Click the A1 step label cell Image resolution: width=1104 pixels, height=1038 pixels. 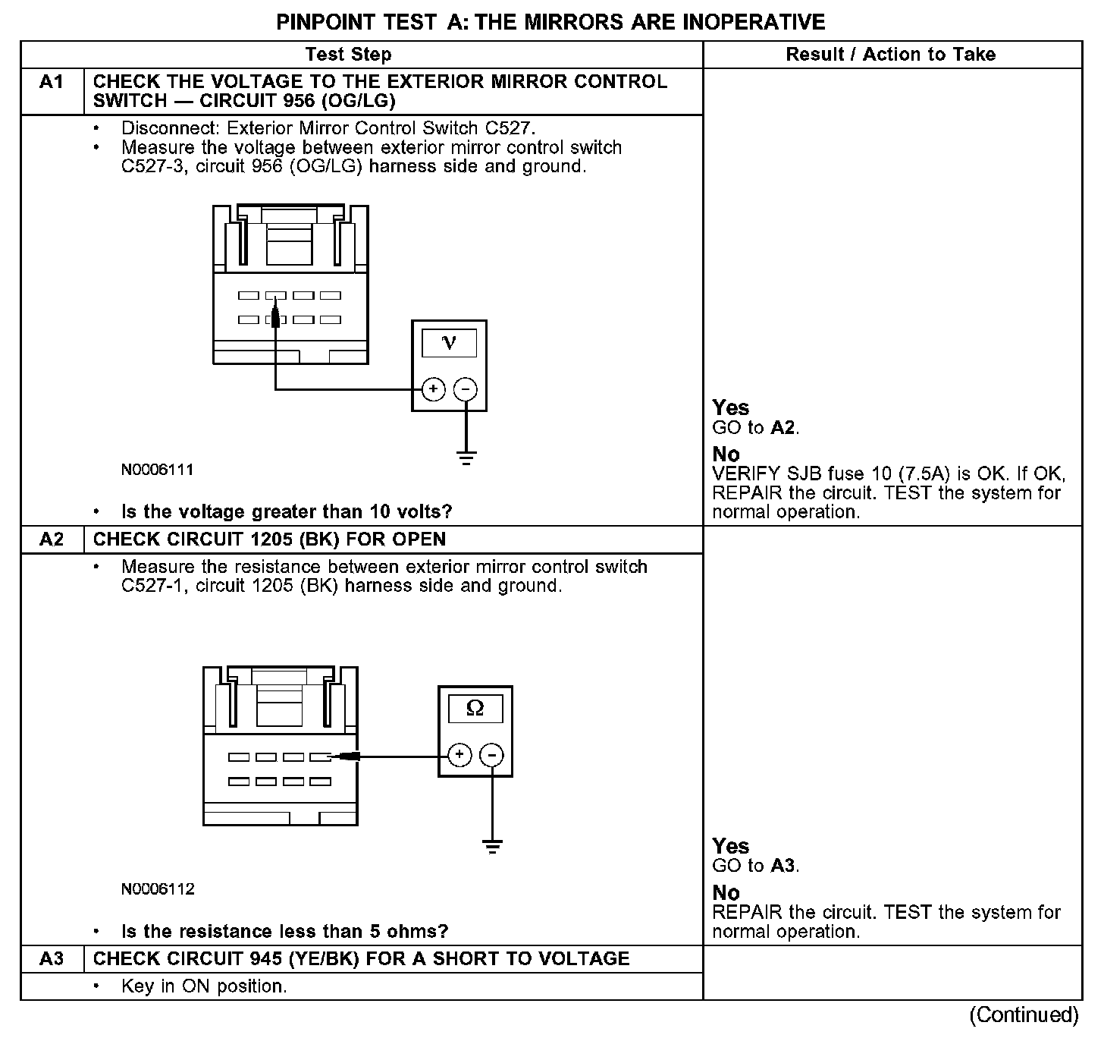pos(52,82)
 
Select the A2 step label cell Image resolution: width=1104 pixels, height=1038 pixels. pos(52,539)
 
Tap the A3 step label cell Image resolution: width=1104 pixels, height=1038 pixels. pos(52,959)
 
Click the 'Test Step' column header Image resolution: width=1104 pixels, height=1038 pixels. pos(348,55)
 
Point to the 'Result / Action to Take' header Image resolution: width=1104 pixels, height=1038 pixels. pos(891,55)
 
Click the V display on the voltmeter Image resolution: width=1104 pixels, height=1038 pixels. pos(449,343)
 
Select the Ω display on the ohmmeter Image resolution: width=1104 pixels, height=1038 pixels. pos(475,709)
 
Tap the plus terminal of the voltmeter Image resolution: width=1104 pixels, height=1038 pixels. pos(433,390)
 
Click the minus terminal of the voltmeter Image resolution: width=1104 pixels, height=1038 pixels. pos(466,390)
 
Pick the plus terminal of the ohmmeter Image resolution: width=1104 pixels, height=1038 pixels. pos(459,755)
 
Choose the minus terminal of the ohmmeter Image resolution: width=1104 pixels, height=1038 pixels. pos(492,755)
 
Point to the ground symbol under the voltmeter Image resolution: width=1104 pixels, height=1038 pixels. pos(466,458)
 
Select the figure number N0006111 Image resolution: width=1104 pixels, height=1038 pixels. pos(158,470)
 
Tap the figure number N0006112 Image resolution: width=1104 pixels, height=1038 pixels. pos(158,889)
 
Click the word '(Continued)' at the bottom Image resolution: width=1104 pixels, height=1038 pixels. pos(1023,1015)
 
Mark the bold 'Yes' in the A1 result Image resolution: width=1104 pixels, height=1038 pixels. pos(731,408)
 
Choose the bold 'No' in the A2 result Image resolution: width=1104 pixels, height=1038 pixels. pos(726,892)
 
